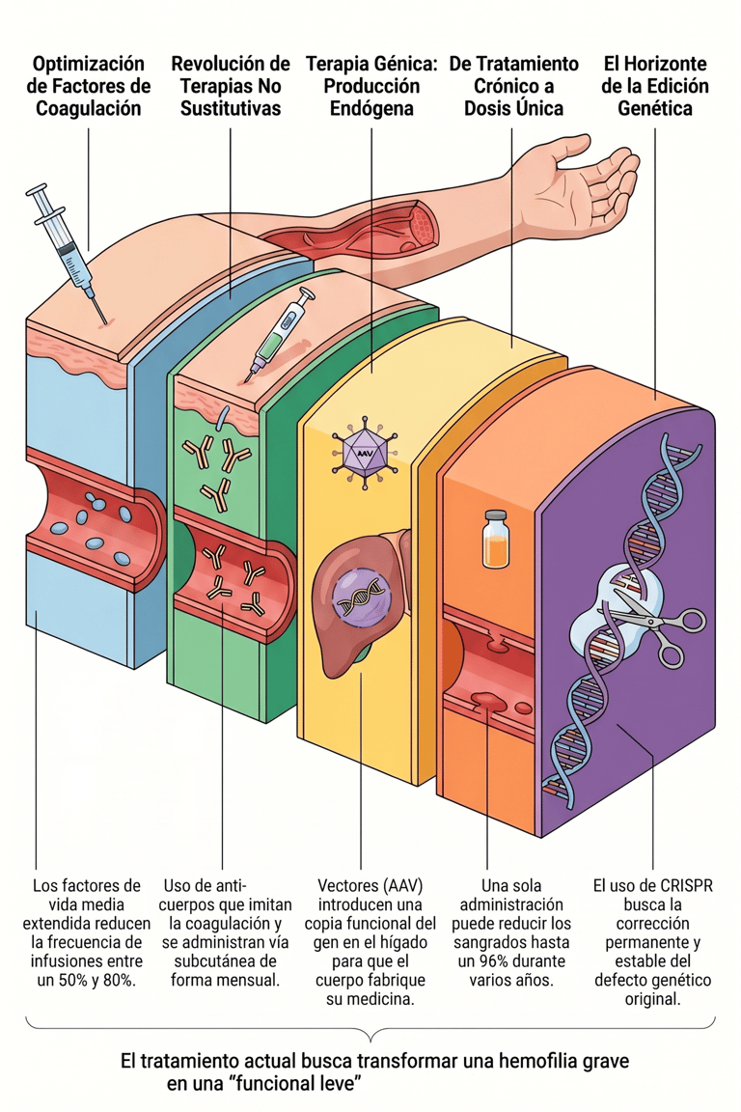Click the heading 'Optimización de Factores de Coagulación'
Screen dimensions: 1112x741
[x=89, y=86]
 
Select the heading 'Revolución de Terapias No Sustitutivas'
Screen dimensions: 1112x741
[x=230, y=86]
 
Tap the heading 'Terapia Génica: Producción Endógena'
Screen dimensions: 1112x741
[x=371, y=86]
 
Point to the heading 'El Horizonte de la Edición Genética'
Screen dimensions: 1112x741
[x=655, y=86]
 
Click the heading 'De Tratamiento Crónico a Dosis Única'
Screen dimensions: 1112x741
[x=514, y=86]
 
